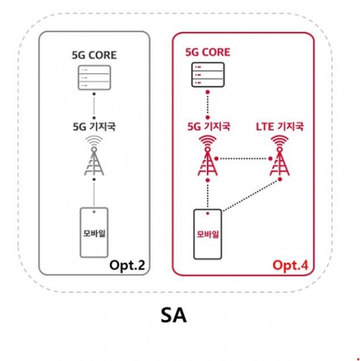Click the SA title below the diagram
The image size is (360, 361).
(x=174, y=315)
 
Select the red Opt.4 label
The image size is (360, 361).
(x=290, y=265)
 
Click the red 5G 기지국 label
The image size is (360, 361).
(x=208, y=127)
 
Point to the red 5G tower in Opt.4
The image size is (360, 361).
(x=208, y=157)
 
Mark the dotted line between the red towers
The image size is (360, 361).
(x=242, y=159)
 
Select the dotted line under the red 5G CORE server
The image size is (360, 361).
(x=208, y=105)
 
